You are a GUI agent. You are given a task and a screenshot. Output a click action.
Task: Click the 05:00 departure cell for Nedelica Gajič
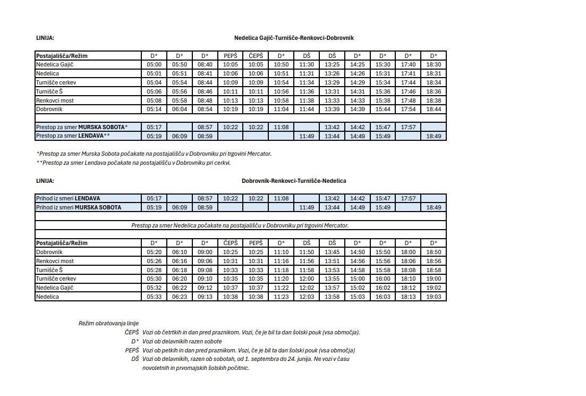(154, 64)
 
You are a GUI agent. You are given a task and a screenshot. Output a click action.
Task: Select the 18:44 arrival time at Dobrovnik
(434, 109)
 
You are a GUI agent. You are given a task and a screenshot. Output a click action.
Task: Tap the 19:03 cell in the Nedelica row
(434, 297)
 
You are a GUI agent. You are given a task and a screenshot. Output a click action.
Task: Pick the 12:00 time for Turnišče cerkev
(307, 279)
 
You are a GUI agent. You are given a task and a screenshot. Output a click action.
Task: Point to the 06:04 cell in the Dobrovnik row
(180, 109)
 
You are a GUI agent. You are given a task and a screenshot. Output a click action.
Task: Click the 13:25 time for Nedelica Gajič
(332, 64)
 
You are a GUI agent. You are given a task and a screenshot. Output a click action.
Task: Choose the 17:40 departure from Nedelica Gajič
(408, 64)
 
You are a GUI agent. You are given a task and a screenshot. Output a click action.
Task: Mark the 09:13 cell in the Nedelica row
(205, 297)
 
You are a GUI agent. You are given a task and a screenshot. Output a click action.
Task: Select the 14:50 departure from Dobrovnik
(358, 252)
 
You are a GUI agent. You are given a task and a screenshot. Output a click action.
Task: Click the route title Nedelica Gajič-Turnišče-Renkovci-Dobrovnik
(294, 38)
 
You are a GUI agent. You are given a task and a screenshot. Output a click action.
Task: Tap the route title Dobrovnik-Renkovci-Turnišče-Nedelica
(294, 181)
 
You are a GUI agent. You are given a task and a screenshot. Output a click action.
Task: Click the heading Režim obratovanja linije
(108, 323)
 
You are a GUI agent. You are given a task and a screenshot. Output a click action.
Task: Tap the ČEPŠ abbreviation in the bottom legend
(132, 332)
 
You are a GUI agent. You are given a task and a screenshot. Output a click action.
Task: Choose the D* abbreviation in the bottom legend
(135, 341)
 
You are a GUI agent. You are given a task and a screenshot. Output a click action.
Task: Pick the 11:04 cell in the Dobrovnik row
(281, 109)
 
